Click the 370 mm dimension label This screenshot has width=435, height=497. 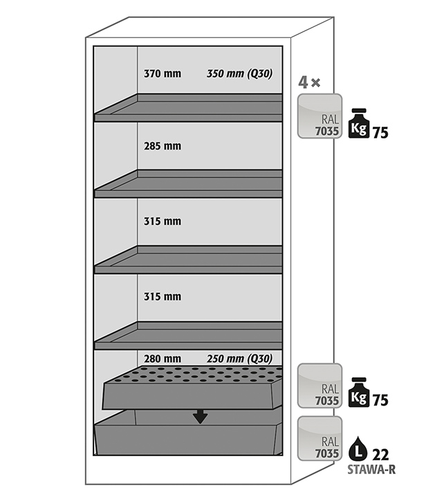(x=162, y=73)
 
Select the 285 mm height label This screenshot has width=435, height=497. (x=162, y=146)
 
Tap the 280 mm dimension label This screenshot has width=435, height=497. (x=162, y=359)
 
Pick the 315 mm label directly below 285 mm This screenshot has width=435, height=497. (x=162, y=222)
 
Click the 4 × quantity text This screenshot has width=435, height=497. (x=308, y=83)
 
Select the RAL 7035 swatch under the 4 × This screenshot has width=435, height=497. (x=320, y=116)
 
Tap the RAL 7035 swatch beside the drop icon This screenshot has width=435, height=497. (x=320, y=438)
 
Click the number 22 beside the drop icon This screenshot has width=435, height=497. (x=380, y=455)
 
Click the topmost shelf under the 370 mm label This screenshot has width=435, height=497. (x=188, y=109)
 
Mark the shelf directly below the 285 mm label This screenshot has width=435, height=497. (x=188, y=184)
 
